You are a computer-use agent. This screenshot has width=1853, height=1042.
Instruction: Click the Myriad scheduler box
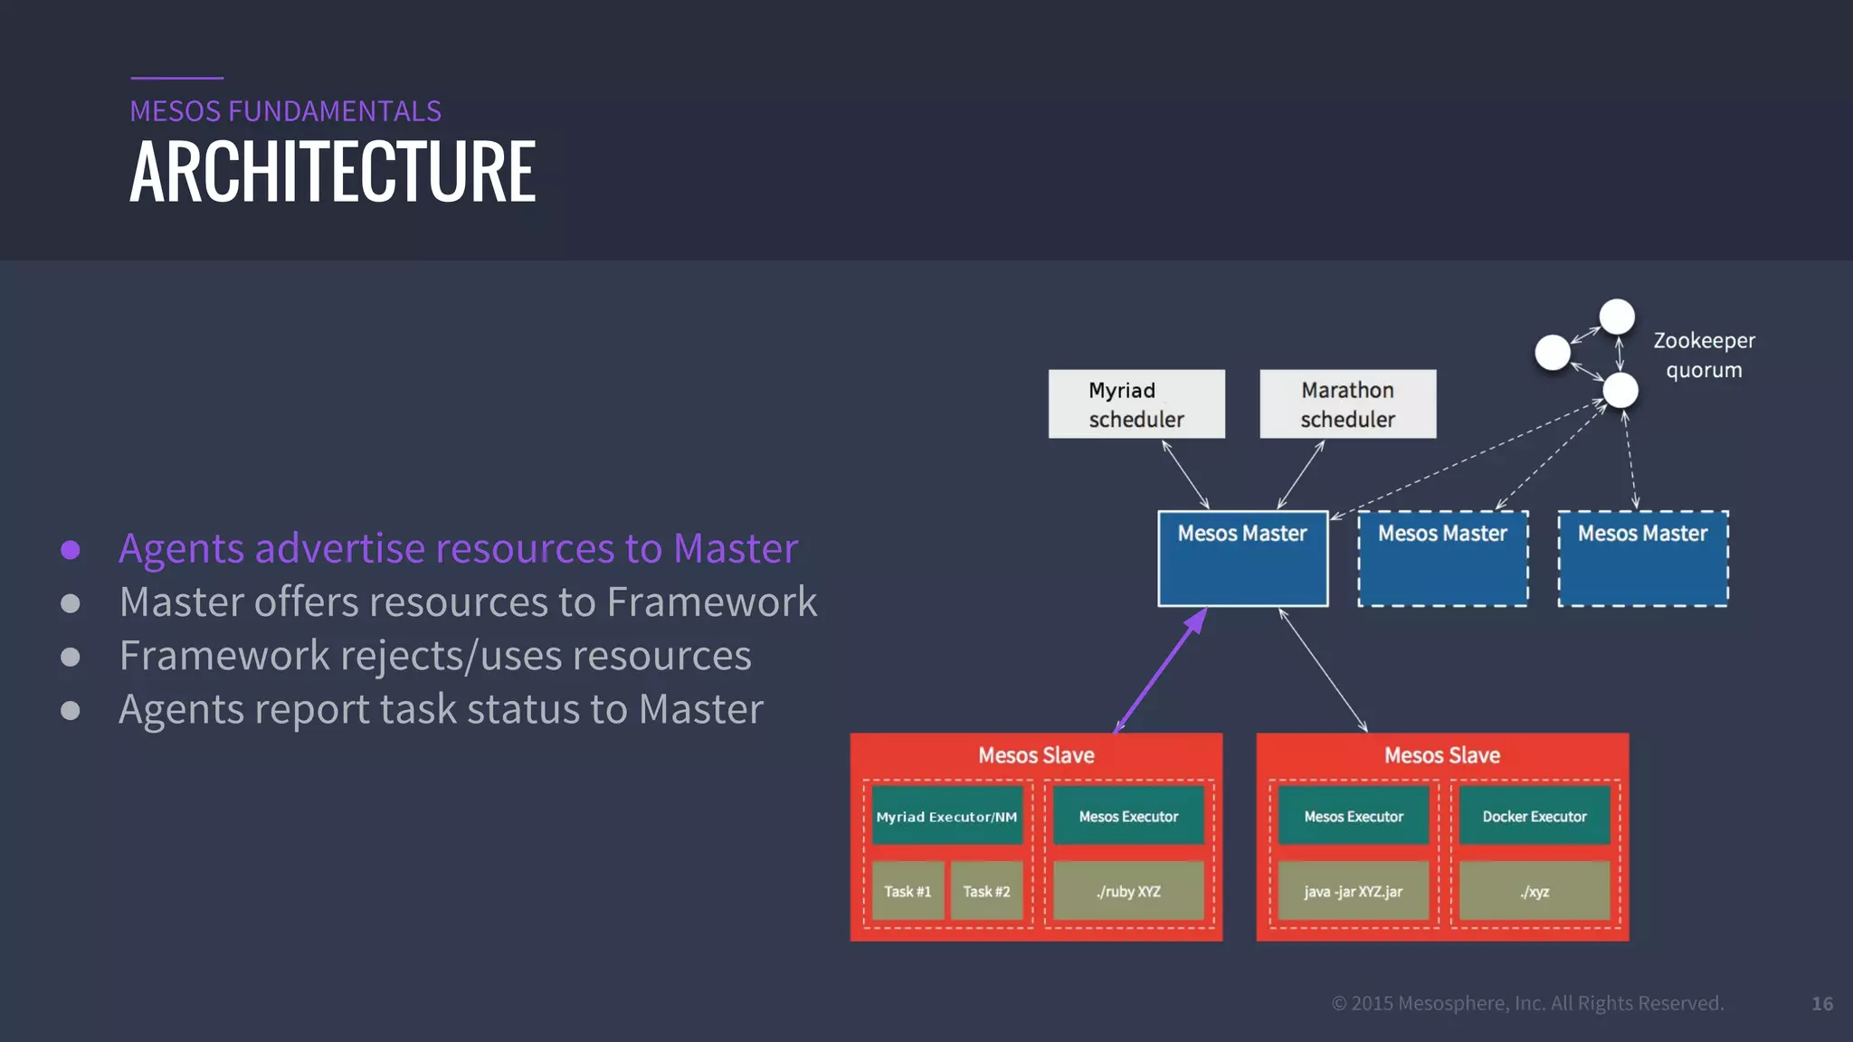click(x=1136, y=404)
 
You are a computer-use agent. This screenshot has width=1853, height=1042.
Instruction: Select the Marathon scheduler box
click(x=1347, y=404)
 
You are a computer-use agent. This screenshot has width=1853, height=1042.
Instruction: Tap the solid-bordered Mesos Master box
click(x=1242, y=559)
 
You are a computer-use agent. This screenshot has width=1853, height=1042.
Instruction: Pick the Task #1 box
click(x=907, y=892)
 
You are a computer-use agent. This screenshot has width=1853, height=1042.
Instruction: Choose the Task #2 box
click(x=986, y=892)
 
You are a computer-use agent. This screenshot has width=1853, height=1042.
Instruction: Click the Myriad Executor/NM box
click(x=946, y=817)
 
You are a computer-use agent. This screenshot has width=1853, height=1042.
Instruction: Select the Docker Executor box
click(x=1535, y=817)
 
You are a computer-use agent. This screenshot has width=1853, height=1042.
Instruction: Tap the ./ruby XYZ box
click(x=1128, y=892)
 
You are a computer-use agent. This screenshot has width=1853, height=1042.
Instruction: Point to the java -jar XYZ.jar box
click(x=1353, y=892)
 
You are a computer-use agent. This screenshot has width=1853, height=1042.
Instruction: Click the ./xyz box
click(x=1535, y=892)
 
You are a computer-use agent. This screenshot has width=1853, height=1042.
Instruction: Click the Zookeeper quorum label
click(x=1704, y=355)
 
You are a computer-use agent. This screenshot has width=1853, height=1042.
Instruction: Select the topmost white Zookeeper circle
click(x=1617, y=317)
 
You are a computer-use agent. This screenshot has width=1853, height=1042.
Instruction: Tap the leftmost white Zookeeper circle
click(x=1553, y=353)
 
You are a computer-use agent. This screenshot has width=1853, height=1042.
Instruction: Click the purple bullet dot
click(x=71, y=550)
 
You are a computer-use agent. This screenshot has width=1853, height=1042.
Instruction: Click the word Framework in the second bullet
click(x=712, y=602)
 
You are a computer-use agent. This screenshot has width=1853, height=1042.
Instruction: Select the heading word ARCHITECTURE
click(x=333, y=172)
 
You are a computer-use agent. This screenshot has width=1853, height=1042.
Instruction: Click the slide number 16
click(x=1822, y=1004)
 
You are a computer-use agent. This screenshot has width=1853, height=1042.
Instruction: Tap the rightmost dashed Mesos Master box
click(x=1642, y=559)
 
